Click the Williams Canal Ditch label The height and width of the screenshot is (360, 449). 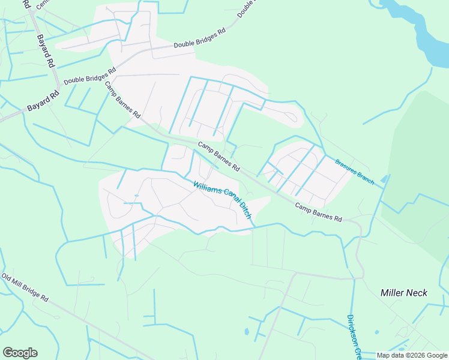pos(221,200)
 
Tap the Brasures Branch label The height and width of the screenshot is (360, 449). pos(355,172)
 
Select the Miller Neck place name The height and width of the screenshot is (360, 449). pos(403,293)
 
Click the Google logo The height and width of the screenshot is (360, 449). pos(20,353)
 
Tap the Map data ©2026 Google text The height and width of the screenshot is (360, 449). pos(412,355)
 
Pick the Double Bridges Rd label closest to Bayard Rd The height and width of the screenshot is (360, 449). pos(89,76)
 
